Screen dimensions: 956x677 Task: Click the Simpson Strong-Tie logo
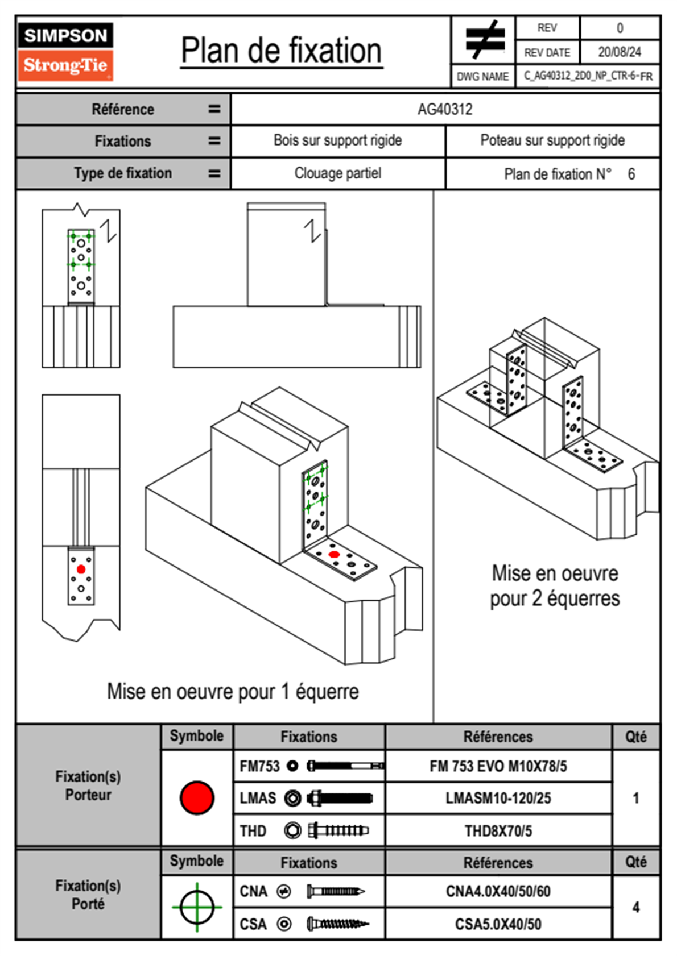coord(65,51)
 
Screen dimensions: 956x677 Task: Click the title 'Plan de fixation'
coord(281,51)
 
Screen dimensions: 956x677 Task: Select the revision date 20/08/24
coord(619,52)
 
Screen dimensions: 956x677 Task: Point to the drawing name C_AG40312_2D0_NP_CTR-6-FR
coord(588,76)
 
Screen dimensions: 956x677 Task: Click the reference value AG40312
coord(445,109)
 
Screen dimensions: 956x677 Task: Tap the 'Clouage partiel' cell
coord(337,173)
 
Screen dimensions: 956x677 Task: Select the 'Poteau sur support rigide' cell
coord(552,140)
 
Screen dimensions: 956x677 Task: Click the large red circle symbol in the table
coord(197,797)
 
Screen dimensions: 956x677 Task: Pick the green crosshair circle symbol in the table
coord(197,907)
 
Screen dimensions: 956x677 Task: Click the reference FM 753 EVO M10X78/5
coord(498,767)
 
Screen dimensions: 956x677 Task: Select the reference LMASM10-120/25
coord(498,799)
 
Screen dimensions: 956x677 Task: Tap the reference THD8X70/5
coord(498,831)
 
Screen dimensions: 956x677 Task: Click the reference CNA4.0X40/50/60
coord(498,891)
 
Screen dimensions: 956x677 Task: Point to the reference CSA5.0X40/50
coord(498,924)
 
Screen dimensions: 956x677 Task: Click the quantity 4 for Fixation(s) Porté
coord(635,907)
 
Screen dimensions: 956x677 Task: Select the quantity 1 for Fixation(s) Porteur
coord(635,798)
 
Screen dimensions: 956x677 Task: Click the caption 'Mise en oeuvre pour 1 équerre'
coord(233,692)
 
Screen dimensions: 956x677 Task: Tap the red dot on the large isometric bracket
coord(334,554)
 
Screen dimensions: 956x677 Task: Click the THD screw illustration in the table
coord(338,831)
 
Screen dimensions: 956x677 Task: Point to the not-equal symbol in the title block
coord(484,40)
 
